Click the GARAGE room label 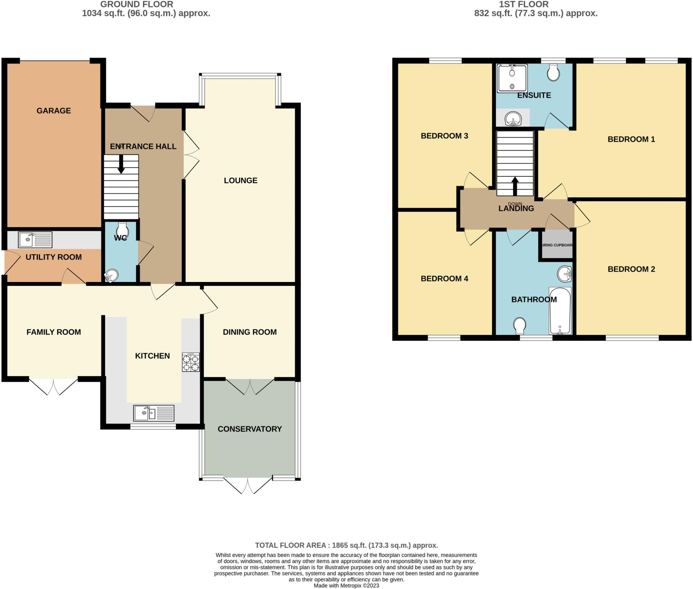(53, 111)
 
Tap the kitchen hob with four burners (191, 363)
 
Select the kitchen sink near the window (154, 413)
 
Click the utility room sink (35, 240)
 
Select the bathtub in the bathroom (560, 311)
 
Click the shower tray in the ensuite (512, 78)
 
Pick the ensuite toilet (553, 72)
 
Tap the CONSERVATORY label (249, 429)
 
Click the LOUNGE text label (241, 180)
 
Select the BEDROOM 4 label (444, 279)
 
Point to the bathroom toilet (519, 326)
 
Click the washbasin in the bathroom (565, 274)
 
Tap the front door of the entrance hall (143, 113)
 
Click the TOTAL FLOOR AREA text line (346, 545)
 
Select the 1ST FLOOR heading (523, 4)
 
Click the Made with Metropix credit (346, 585)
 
